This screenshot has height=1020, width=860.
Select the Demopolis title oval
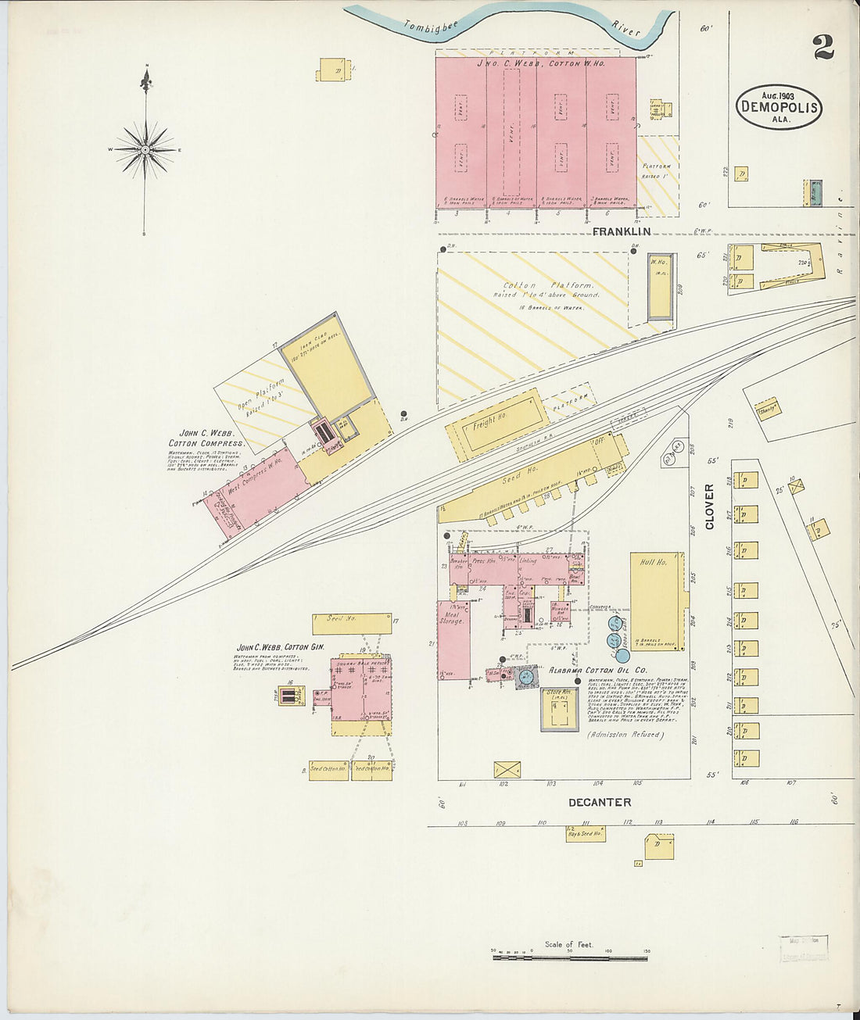click(x=779, y=107)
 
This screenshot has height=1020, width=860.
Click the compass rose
click(x=145, y=149)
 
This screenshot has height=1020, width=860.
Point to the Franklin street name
click(x=621, y=232)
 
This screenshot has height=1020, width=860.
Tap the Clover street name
click(x=710, y=506)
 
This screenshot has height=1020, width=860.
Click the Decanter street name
click(x=600, y=802)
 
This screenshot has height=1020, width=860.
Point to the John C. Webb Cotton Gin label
click(x=279, y=648)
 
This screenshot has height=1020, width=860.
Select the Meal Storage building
click(x=453, y=639)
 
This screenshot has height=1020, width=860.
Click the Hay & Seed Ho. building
click(x=586, y=834)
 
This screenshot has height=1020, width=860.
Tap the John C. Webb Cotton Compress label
click(x=206, y=438)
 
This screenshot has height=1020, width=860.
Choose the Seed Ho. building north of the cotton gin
click(x=352, y=623)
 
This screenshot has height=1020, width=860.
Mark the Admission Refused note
click(x=623, y=735)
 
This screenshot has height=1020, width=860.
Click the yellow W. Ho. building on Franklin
click(x=661, y=285)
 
